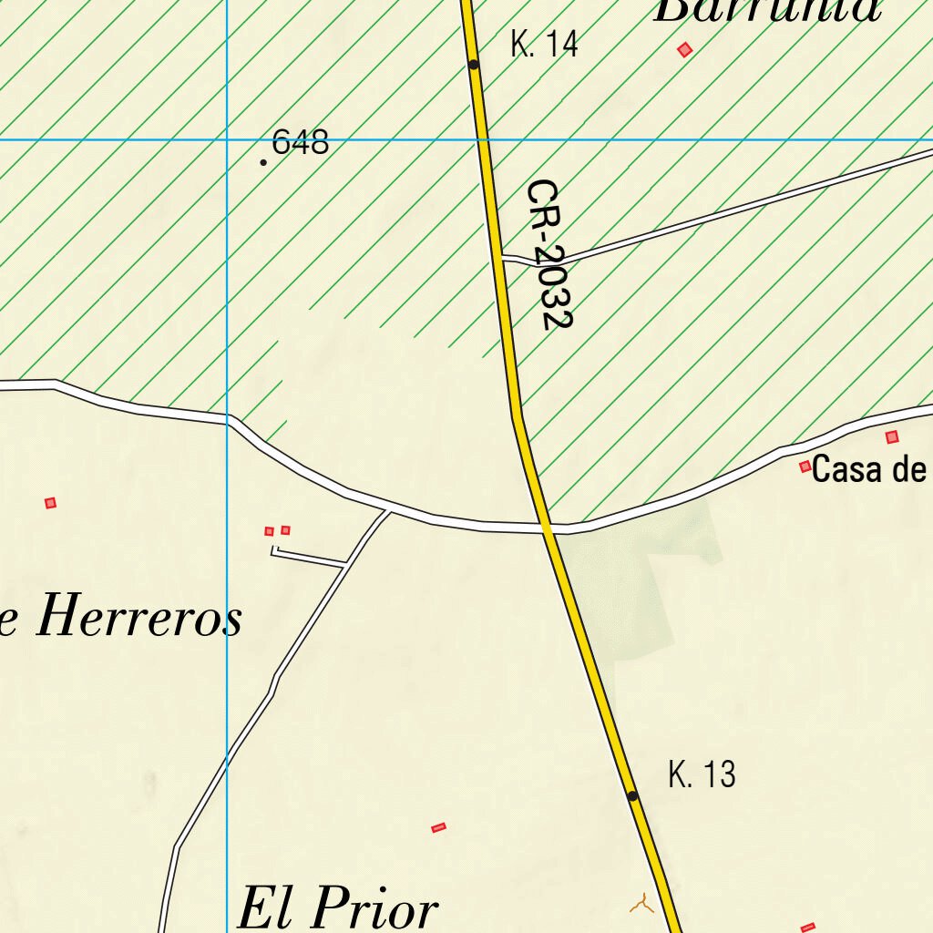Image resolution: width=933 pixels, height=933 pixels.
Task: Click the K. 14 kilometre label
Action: click(544, 44)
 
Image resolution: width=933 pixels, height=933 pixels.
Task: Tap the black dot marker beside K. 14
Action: click(474, 65)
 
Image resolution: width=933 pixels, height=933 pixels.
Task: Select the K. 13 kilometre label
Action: click(701, 774)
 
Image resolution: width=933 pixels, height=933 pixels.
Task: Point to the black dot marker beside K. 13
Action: click(633, 796)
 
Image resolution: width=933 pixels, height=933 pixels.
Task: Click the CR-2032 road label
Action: click(549, 254)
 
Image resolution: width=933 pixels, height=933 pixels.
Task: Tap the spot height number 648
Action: click(300, 142)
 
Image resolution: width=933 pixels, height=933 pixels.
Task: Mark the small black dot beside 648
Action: click(264, 162)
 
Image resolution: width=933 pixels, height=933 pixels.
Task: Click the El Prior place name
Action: click(337, 908)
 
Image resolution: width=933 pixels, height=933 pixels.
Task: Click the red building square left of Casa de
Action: click(805, 466)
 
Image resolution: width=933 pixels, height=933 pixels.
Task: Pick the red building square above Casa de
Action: click(892, 437)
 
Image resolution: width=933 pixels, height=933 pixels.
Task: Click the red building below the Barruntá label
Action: click(685, 49)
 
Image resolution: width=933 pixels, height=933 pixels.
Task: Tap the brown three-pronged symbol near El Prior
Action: click(641, 904)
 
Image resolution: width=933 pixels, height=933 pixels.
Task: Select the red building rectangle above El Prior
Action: click(438, 827)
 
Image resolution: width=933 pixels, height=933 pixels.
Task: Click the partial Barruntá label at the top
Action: click(767, 9)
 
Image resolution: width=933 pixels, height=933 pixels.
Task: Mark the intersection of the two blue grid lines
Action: click(227, 140)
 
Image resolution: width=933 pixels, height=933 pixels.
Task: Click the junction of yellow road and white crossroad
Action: click(548, 527)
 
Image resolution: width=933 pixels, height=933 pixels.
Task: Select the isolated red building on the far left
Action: click(50, 502)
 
